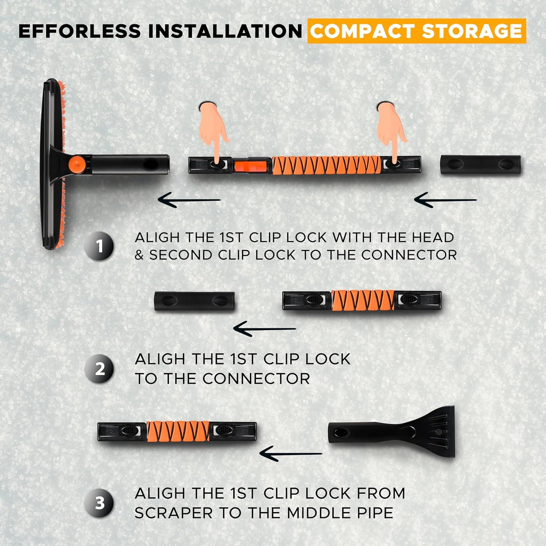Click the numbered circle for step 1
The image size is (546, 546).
click(99, 246)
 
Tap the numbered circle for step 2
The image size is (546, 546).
click(99, 369)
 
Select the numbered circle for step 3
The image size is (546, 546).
click(99, 503)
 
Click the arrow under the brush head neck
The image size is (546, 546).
click(189, 199)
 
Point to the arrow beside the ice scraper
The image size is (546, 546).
click(291, 453)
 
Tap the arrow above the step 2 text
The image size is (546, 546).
click(265, 329)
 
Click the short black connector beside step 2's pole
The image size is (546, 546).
click(194, 301)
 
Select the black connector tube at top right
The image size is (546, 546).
click(480, 165)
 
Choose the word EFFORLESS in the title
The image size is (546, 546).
click(80, 31)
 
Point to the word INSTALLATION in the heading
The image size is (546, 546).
click(225, 31)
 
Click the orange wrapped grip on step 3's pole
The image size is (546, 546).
click(178, 431)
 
